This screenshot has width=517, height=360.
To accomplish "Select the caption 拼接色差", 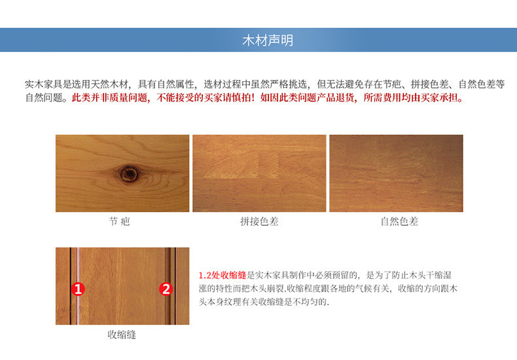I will click(x=259, y=222).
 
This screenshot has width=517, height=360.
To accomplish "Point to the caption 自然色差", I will click(x=399, y=222).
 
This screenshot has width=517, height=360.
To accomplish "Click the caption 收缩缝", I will click(x=122, y=334).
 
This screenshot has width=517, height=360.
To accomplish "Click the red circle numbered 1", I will click(x=77, y=289).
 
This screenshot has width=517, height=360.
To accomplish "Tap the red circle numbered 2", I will click(x=166, y=289).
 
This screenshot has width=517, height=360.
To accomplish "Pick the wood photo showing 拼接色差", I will click(x=259, y=173).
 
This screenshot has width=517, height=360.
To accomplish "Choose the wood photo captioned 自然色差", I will click(x=396, y=173).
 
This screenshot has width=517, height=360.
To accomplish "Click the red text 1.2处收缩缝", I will click(x=223, y=276).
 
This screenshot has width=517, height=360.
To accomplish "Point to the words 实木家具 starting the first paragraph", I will click(x=43, y=85).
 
